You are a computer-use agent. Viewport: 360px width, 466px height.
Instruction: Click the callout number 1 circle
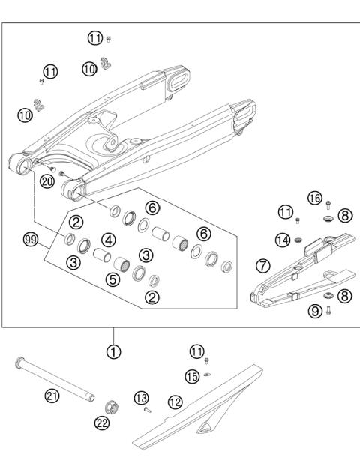click(113, 349)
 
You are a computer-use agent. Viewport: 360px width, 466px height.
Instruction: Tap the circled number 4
click(108, 240)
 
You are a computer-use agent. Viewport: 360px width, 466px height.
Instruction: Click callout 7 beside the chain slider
click(262, 265)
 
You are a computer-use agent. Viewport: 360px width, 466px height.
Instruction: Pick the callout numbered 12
click(175, 402)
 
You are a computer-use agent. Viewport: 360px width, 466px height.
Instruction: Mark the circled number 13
click(140, 396)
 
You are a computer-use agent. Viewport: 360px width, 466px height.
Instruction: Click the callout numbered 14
click(282, 240)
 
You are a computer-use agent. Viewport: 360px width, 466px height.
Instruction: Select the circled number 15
click(192, 376)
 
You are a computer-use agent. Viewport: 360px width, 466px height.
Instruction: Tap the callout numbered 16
click(315, 198)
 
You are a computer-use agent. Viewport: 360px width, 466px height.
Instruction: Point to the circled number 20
click(46, 181)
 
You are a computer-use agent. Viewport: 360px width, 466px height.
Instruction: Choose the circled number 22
click(102, 423)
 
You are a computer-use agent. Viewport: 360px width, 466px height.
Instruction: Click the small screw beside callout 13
click(148, 410)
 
